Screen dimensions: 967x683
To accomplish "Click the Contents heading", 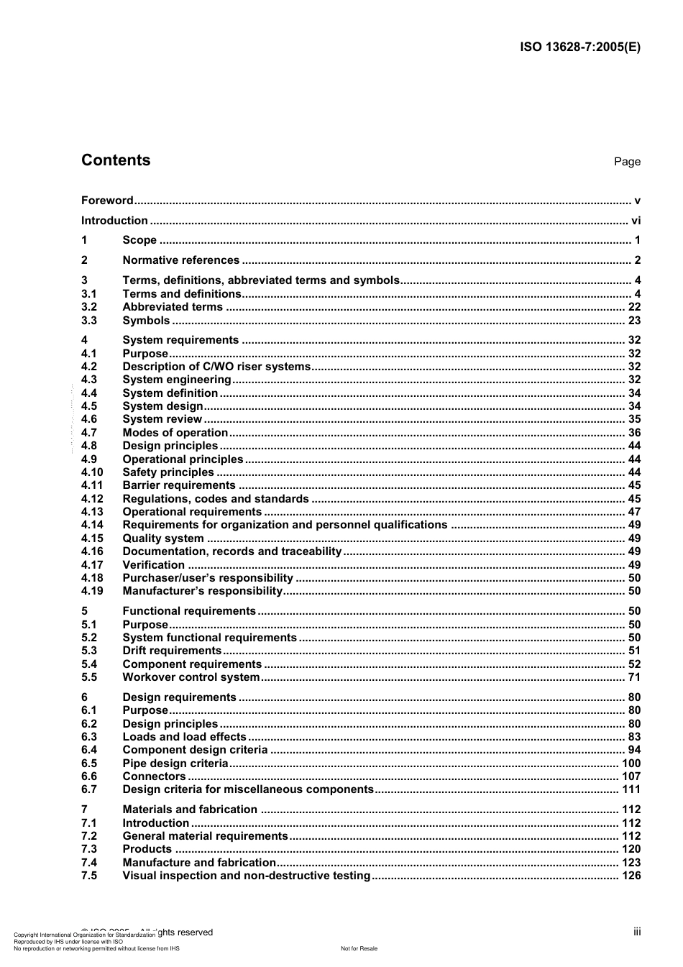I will point(116,160).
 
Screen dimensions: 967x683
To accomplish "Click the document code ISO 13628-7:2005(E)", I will point(579,47).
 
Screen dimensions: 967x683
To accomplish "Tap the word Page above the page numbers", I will point(627,162).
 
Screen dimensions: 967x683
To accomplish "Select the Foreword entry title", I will point(107,201).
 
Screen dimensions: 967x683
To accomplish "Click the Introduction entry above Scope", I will point(114,221).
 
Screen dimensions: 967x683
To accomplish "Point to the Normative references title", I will point(180,260).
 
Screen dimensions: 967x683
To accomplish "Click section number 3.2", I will point(89,307).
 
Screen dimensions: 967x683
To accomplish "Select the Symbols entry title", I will point(146,321).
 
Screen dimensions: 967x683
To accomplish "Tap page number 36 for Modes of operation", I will point(634,433).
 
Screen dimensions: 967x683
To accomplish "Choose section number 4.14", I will point(92,525).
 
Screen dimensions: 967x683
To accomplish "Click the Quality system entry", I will point(163,539).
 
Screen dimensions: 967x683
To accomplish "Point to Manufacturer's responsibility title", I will point(203,591).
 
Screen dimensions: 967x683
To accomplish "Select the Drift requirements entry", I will point(172,651).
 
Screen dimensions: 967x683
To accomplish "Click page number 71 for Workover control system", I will point(634,677).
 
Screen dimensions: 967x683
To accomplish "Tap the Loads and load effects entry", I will point(184,737).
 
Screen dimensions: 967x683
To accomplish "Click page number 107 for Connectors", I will point(631,776).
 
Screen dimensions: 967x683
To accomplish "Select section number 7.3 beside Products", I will point(89,849).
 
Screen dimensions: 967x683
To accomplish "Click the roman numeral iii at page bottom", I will point(637,932).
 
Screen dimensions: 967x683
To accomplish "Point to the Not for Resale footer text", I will point(359,948).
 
